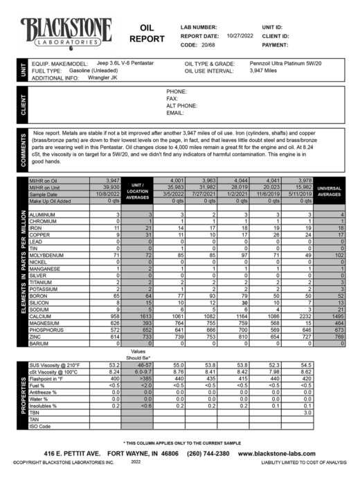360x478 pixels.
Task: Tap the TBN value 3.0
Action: [301, 411]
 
